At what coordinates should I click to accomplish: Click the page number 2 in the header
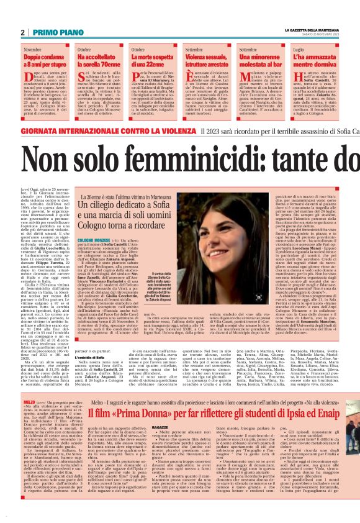(22, 32)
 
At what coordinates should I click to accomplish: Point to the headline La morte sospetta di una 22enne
(153, 60)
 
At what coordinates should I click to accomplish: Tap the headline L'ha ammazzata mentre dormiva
(317, 60)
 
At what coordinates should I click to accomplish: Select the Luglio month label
(299, 48)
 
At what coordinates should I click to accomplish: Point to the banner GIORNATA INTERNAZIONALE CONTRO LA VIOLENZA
(101, 132)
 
